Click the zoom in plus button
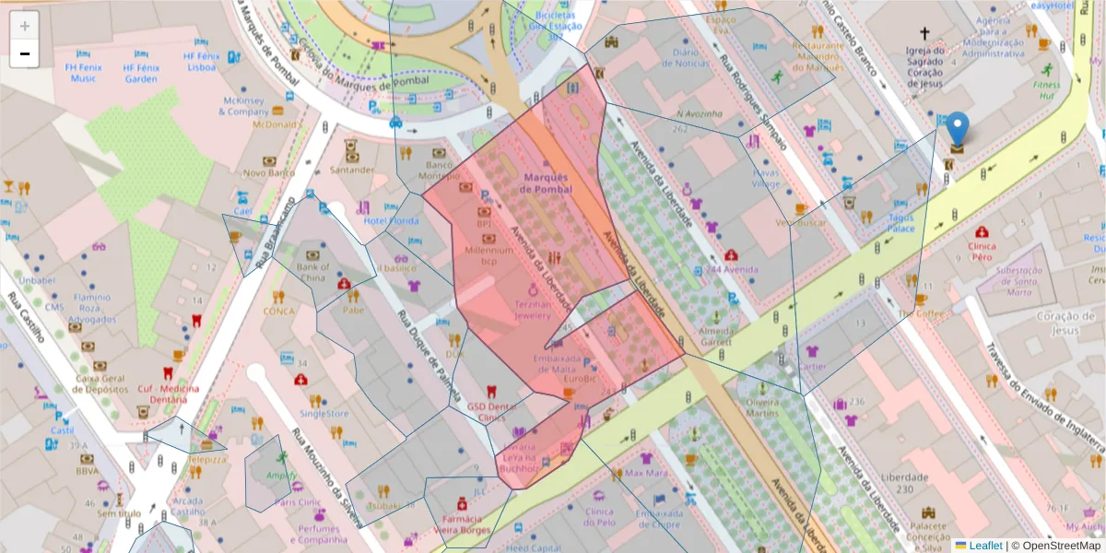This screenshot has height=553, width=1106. (25, 26)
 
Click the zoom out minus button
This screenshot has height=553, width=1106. (25, 53)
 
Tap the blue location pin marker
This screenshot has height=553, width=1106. (958, 131)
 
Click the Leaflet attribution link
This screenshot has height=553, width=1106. (985, 546)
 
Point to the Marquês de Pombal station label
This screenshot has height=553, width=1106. (546, 182)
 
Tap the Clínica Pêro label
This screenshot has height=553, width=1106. (989, 253)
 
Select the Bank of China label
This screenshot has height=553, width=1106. (312, 273)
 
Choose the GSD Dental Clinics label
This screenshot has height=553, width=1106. (492, 412)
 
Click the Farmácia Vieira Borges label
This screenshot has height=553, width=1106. (462, 524)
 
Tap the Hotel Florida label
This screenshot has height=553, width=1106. (391, 220)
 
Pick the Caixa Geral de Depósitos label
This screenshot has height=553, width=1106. (101, 383)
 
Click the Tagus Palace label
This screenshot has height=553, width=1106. (900, 223)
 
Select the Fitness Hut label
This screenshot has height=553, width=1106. (1046, 89)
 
